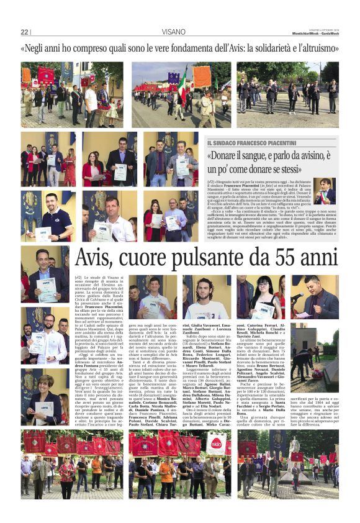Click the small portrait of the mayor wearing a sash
point(325,191)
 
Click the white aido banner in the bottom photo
point(216,445)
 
